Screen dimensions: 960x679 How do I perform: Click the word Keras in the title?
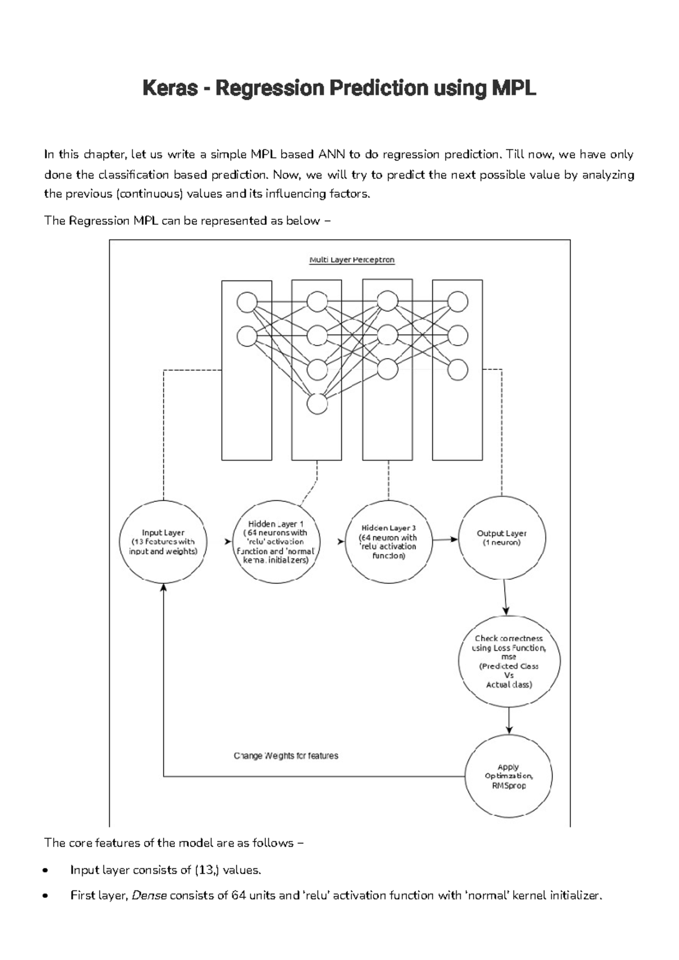coord(170,88)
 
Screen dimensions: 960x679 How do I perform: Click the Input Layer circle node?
coord(163,542)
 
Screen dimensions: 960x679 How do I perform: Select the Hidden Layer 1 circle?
coord(276,542)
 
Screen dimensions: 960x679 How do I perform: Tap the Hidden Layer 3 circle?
coord(389,541)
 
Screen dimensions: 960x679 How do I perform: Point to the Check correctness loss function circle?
coord(509,661)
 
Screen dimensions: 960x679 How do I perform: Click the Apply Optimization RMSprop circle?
coord(509,776)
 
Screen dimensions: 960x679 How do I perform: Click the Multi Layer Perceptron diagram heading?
coord(351,260)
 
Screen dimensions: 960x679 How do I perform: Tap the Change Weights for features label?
coord(286,756)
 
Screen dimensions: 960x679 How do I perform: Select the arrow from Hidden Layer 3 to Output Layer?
coord(445,540)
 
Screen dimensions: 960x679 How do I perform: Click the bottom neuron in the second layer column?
coord(317,404)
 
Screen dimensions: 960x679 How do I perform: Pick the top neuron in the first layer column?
coord(247,302)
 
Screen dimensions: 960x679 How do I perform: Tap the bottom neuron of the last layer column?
coord(458,370)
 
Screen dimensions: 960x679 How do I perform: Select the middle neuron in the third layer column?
coord(388,335)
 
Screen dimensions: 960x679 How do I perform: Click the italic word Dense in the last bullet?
coord(149,896)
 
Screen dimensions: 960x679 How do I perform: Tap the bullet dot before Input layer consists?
coord(53,871)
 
